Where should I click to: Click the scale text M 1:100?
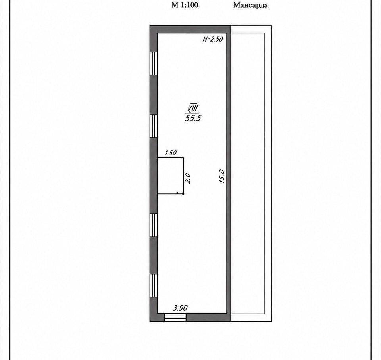pos(185,5)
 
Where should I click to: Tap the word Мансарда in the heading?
pos(250,5)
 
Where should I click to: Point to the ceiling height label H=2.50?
pos(213,39)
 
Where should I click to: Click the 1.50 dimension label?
pos(171,153)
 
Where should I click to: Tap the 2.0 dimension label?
pos(188,178)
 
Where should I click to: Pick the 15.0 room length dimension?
pos(222,176)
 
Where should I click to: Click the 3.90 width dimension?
pos(180,308)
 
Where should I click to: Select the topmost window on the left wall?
pos(154,63)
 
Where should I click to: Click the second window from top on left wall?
pos(154,126)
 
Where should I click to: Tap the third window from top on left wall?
pos(154,225)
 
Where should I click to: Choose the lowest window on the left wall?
pos(154,285)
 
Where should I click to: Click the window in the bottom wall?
pos(175,317)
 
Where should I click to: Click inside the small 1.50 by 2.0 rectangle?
pos(170,176)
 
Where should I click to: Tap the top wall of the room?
pos(190,29)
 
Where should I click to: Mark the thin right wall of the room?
pos(229,173)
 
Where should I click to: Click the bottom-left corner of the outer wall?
pos(150,321)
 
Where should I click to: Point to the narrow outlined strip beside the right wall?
pos(251,173)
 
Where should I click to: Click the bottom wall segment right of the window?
pos(208,317)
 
